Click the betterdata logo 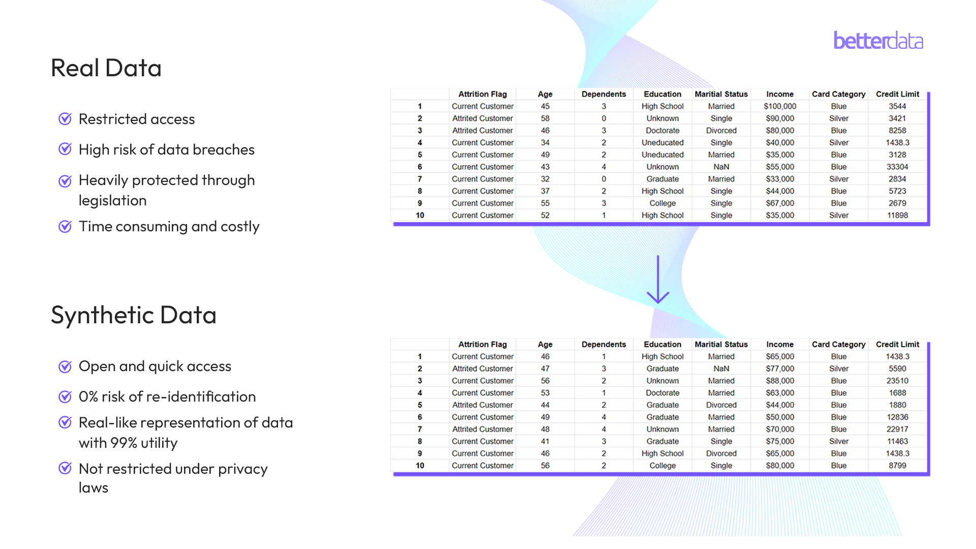pyautogui.click(x=878, y=41)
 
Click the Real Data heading pyautogui.click(x=106, y=68)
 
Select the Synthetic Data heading pyautogui.click(x=134, y=315)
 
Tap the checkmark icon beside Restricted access pyautogui.click(x=65, y=119)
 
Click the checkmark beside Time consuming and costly pyautogui.click(x=65, y=226)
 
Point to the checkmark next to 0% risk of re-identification pyautogui.click(x=65, y=396)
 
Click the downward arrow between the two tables pyautogui.click(x=658, y=280)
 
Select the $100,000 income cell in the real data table pyautogui.click(x=780, y=106)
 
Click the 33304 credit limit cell pyautogui.click(x=897, y=167)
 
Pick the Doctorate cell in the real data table pyautogui.click(x=662, y=131)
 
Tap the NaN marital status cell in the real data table pyautogui.click(x=721, y=167)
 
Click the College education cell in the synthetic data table pyautogui.click(x=662, y=466)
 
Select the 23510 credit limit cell pyautogui.click(x=897, y=381)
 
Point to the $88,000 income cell pyautogui.click(x=780, y=381)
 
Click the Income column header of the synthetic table pyautogui.click(x=780, y=344)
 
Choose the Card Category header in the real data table pyautogui.click(x=838, y=94)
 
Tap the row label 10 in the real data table pyautogui.click(x=420, y=216)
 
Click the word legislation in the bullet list pyautogui.click(x=113, y=201)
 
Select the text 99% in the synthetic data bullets pyautogui.click(x=124, y=443)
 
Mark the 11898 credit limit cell pyautogui.click(x=897, y=216)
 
